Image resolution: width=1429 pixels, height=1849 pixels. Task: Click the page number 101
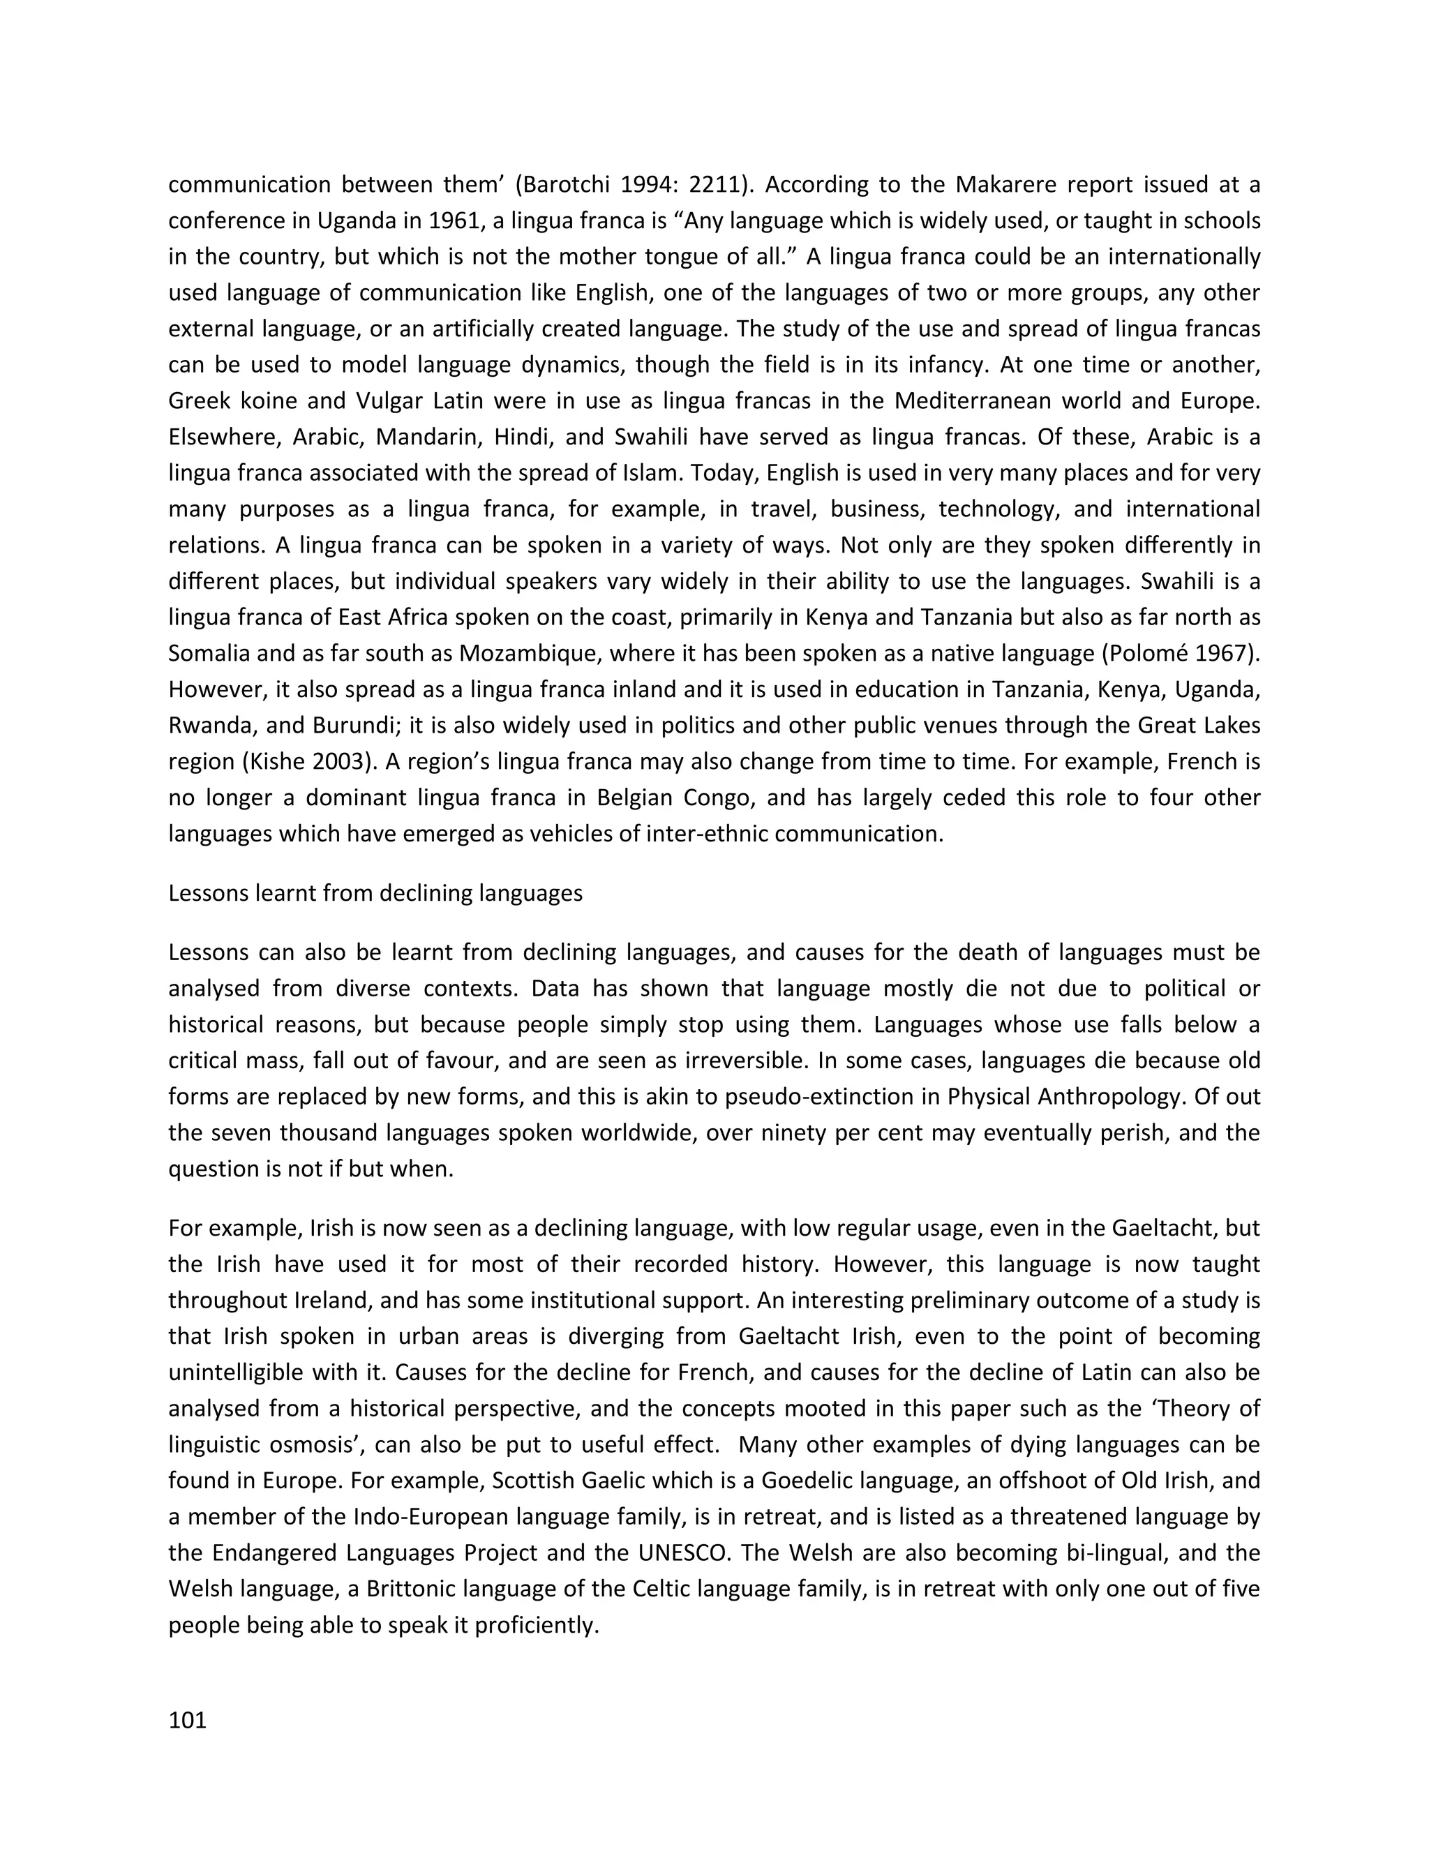pyautogui.click(x=188, y=1721)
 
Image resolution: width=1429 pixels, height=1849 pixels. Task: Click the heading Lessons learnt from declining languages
pyautogui.click(x=375, y=893)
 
